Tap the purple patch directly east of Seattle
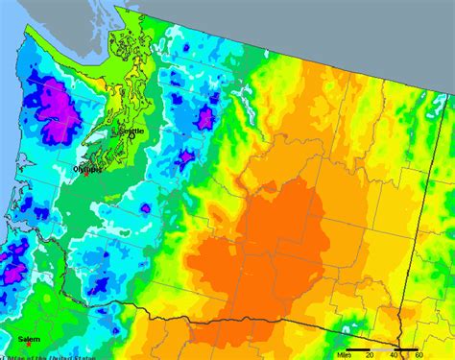pos(204,118)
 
